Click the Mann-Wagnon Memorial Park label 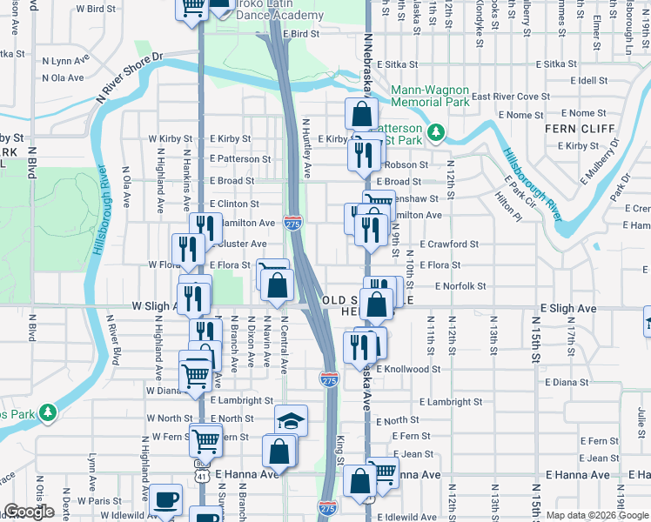[x=430, y=96]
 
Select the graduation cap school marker [x=291, y=420]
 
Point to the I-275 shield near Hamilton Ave [x=293, y=224]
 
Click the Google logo [x=29, y=512]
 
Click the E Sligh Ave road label [x=568, y=309]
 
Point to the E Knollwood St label [x=407, y=370]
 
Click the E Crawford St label [x=448, y=245]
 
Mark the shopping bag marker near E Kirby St [x=360, y=113]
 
